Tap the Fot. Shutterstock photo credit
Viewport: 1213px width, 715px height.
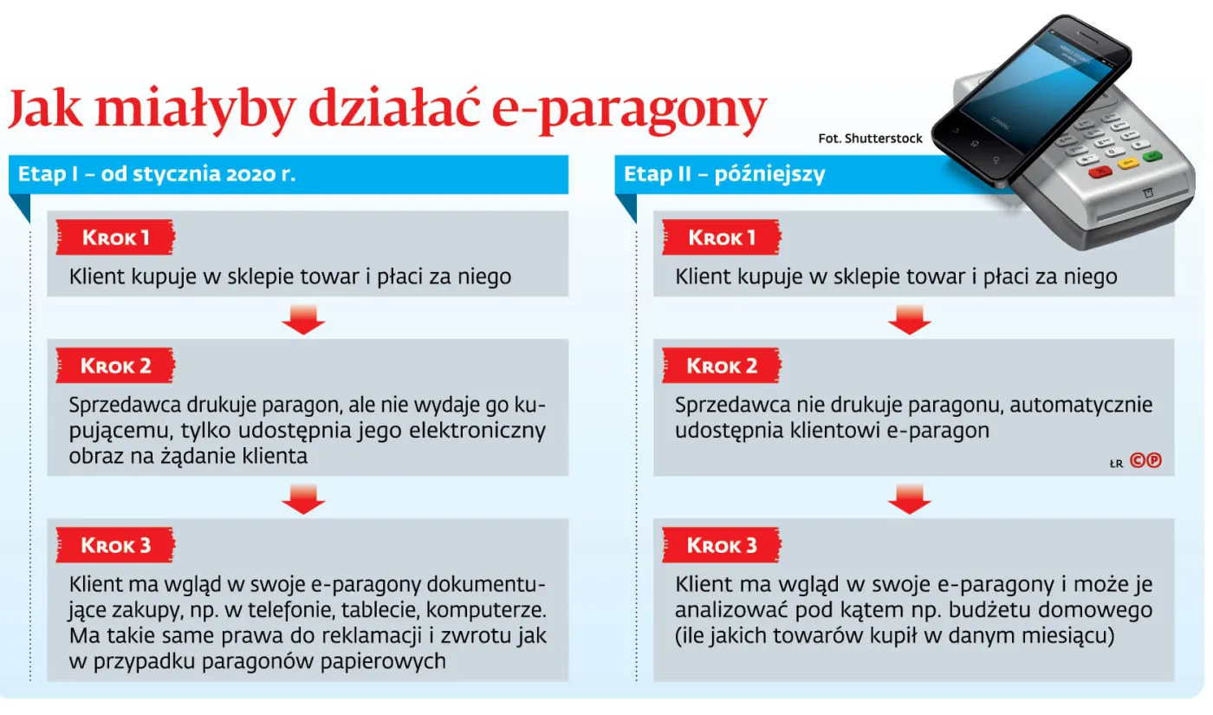(x=870, y=138)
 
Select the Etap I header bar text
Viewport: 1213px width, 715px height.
(x=157, y=173)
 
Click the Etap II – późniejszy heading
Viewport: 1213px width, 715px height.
(x=724, y=173)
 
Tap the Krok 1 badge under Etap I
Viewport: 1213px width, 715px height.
(x=115, y=237)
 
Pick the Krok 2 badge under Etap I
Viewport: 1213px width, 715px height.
(x=115, y=366)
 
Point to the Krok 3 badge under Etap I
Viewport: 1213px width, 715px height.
(x=115, y=545)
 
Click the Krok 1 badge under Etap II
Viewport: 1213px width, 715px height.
(x=721, y=237)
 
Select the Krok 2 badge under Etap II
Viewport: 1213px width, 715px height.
(x=721, y=366)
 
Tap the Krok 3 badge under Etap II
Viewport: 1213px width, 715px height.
(x=721, y=545)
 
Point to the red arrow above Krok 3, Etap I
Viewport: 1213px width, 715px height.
(x=303, y=498)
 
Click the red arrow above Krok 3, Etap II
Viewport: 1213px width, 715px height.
(x=909, y=498)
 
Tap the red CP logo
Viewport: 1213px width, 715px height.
(x=1145, y=461)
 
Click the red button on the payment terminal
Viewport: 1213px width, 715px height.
(x=1100, y=171)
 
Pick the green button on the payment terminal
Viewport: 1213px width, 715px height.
(x=1151, y=156)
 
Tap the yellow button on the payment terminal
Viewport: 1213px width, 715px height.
(x=1127, y=164)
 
